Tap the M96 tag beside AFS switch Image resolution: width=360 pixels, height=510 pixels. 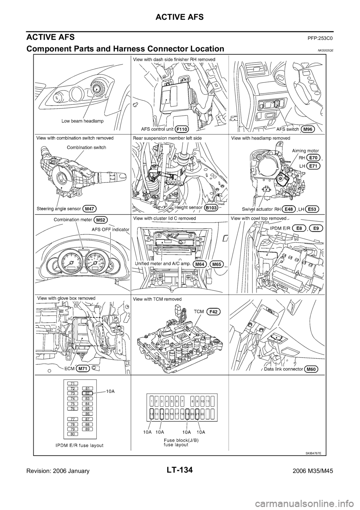(x=307, y=129)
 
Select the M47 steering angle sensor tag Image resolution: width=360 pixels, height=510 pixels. (x=90, y=208)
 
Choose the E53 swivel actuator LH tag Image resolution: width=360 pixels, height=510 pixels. (x=313, y=208)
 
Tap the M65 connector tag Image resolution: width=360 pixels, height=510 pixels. (x=217, y=264)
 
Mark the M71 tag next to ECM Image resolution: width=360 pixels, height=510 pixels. (x=83, y=368)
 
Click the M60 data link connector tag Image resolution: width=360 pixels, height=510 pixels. (x=311, y=369)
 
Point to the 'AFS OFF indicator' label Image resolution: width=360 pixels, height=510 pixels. (x=111, y=229)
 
